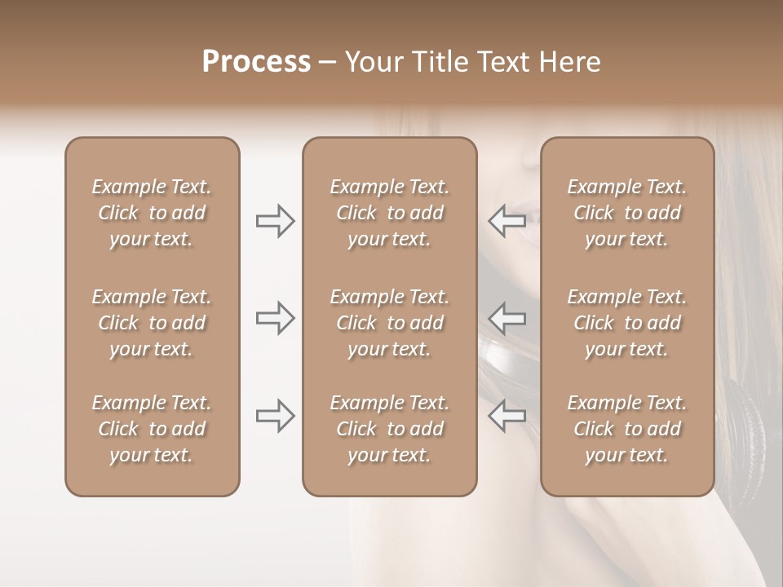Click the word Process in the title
click(256, 62)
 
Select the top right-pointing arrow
click(275, 221)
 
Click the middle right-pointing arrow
click(275, 318)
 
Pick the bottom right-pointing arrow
click(275, 416)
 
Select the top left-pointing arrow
click(507, 221)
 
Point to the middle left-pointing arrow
click(507, 318)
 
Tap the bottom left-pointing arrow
click(507, 416)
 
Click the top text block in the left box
click(152, 213)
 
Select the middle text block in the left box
click(152, 323)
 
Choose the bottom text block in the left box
click(152, 429)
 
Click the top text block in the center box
click(390, 213)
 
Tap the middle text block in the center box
click(390, 323)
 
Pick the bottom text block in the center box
click(390, 429)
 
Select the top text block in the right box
click(627, 213)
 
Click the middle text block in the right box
click(627, 323)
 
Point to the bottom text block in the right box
click(627, 429)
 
